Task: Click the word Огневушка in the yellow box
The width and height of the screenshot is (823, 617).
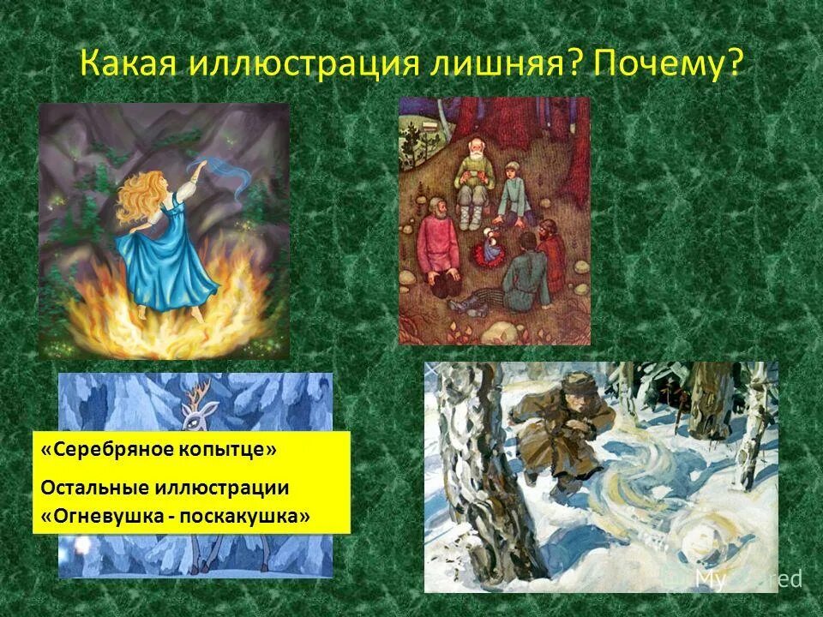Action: (108, 517)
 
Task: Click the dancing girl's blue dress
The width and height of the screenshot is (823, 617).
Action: (168, 257)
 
